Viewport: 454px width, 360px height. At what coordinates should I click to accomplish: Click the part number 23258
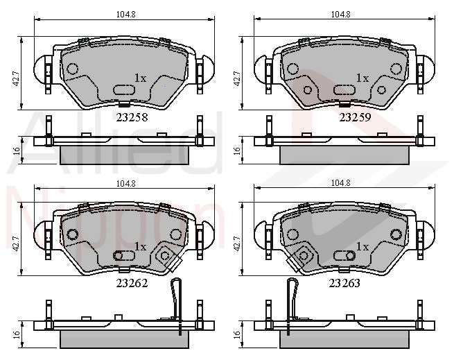pyautogui.click(x=132, y=117)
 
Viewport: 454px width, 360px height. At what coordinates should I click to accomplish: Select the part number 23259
pyautogui.click(x=355, y=117)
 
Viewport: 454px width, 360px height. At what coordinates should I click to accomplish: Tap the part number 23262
pyautogui.click(x=132, y=283)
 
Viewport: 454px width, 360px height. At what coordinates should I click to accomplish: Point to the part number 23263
pyautogui.click(x=344, y=283)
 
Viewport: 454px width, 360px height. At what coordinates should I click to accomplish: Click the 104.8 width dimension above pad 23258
pyautogui.click(x=126, y=14)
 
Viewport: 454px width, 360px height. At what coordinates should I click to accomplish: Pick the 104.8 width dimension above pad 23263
pyautogui.click(x=340, y=183)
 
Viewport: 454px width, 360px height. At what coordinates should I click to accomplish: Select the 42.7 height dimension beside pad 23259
pyautogui.click(x=237, y=78)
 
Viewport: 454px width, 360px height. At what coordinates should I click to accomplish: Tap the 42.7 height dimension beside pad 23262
pyautogui.click(x=17, y=243)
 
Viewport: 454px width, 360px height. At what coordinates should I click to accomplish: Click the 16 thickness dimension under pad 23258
pyautogui.click(x=17, y=151)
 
